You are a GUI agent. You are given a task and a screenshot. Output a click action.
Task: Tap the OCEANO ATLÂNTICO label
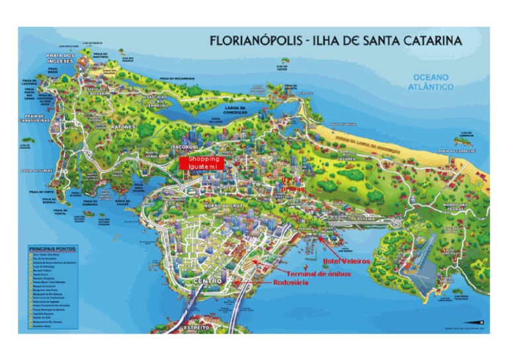[x=431, y=82]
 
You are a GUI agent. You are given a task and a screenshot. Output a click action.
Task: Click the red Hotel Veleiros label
[x=346, y=261]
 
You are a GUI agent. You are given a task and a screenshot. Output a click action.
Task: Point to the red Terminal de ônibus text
[x=317, y=273]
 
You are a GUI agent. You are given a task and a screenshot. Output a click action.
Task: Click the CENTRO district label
[x=206, y=282]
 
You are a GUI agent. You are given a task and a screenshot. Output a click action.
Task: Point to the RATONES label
[x=122, y=126]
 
